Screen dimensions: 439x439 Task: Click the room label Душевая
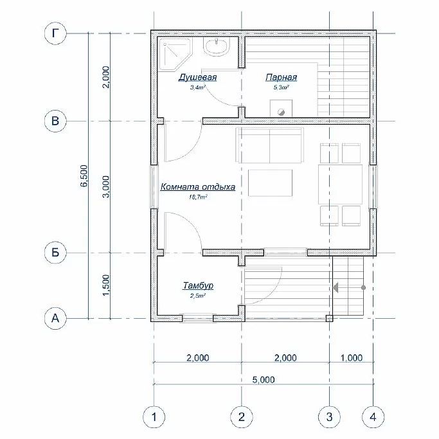click(x=198, y=77)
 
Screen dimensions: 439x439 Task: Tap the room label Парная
click(x=281, y=77)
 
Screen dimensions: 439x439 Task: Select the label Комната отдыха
click(x=198, y=187)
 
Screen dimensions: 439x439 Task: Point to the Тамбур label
click(x=198, y=285)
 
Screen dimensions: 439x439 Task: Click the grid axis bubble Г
click(x=55, y=33)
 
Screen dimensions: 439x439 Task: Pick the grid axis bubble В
click(x=55, y=121)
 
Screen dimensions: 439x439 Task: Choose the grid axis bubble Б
click(x=55, y=253)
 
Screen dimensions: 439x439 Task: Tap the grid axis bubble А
click(x=55, y=318)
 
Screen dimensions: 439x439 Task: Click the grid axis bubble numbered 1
click(x=154, y=417)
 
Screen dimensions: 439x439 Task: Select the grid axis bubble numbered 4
click(x=373, y=417)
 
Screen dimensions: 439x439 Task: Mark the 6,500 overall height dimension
click(x=84, y=175)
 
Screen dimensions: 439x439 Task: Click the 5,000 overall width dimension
click(x=264, y=380)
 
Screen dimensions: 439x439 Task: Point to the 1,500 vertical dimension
click(x=106, y=285)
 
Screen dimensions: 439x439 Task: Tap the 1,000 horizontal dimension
click(x=352, y=358)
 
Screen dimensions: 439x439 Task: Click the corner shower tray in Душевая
click(x=176, y=54)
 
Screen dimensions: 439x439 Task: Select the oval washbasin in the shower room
click(x=217, y=46)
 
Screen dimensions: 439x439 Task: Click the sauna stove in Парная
click(x=281, y=109)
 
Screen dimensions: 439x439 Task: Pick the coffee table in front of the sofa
click(x=270, y=183)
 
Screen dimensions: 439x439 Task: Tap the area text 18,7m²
click(x=198, y=197)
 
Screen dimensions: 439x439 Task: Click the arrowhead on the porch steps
click(x=336, y=287)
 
